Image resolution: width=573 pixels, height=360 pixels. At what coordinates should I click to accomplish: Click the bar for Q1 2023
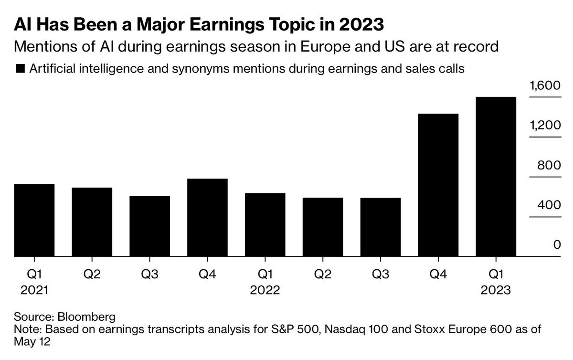496,177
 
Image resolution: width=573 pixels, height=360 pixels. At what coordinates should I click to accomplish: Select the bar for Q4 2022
438,185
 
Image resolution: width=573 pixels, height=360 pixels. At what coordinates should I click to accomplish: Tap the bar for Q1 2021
34,221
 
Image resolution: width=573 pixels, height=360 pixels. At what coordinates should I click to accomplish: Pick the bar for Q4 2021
207,218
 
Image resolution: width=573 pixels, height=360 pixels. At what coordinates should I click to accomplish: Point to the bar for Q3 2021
149,226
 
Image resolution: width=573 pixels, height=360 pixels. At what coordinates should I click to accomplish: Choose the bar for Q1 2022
265,225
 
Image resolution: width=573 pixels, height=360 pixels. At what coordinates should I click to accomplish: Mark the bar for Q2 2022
323,227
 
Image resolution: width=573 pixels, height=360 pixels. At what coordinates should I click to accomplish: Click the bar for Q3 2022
381,227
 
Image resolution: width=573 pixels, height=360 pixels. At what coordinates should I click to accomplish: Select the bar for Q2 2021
92,222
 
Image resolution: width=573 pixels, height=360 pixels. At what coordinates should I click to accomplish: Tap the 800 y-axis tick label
547,166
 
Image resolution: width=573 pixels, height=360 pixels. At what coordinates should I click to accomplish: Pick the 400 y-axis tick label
547,205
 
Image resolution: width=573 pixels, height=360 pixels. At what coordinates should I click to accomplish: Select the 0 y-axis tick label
556,245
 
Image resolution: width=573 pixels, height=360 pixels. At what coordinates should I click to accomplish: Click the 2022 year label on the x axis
265,290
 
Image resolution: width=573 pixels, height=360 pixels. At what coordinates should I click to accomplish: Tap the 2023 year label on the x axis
496,290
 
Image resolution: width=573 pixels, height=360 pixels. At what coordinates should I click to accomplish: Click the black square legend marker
20,69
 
